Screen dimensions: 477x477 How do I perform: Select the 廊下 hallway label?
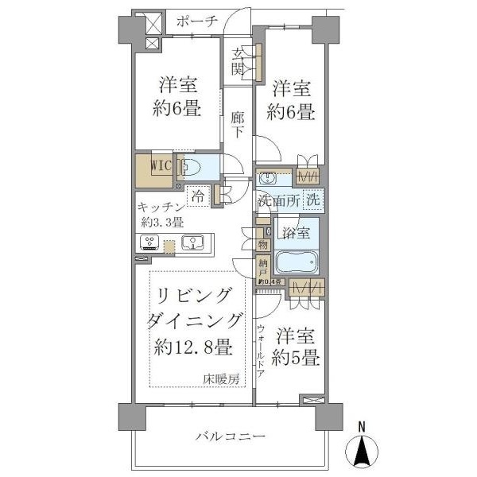pyautogui.click(x=237, y=124)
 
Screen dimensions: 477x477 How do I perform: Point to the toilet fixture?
pyautogui.click(x=188, y=168)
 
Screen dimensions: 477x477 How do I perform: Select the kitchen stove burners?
pyautogui.click(x=148, y=243)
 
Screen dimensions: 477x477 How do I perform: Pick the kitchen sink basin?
pyautogui.click(x=192, y=243)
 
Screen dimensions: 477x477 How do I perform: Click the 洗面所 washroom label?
pyautogui.click(x=278, y=201)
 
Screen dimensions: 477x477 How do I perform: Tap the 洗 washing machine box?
pyautogui.click(x=313, y=200)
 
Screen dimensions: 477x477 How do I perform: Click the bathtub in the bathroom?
pyautogui.click(x=296, y=262)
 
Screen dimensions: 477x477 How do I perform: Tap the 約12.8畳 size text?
pyautogui.click(x=193, y=347)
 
